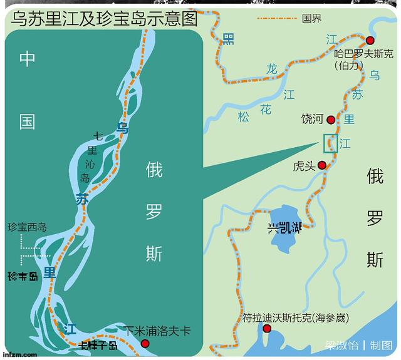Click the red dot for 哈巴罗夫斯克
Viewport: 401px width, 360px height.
tap(370, 40)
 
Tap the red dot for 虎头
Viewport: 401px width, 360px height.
tap(322, 165)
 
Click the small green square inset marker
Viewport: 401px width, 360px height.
tap(330, 143)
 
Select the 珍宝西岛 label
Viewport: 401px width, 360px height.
tap(27, 227)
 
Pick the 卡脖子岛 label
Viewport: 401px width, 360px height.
tap(96, 346)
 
